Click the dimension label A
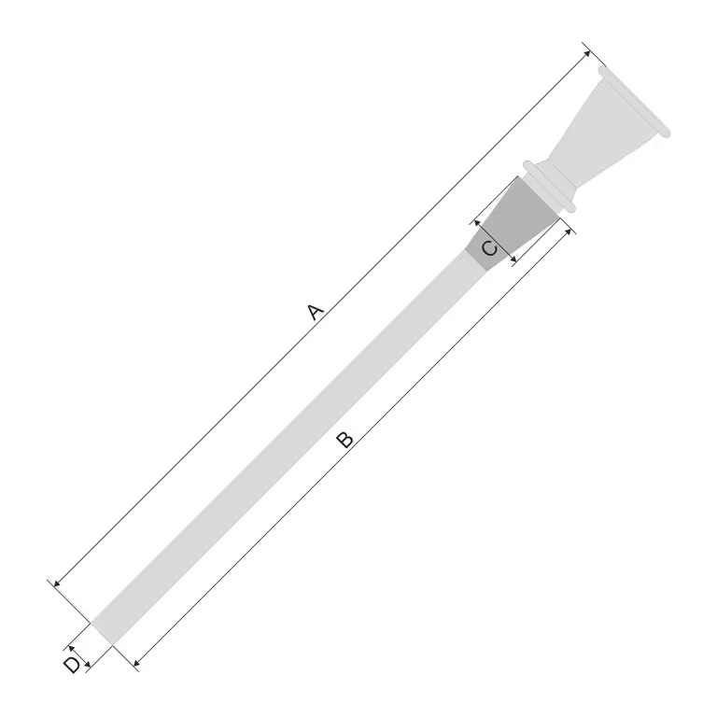tap(316, 311)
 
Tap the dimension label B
tap(344, 440)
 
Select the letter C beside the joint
tap(488, 248)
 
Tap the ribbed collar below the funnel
tap(551, 187)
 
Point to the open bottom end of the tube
tap(102, 633)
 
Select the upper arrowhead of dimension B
tap(567, 230)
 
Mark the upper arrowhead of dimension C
tap(476, 222)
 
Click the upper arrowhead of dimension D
tap(70, 645)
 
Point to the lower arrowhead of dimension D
tap(86, 664)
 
